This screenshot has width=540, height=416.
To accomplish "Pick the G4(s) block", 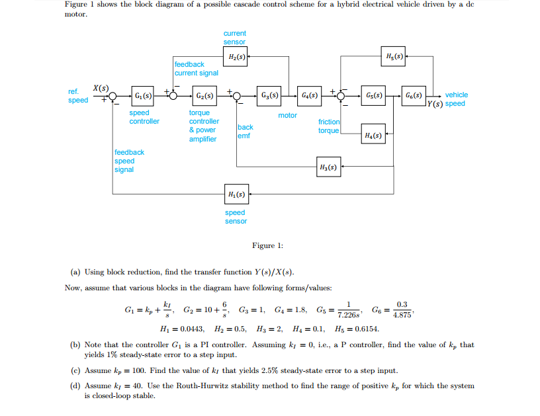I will pyautogui.click(x=309, y=95).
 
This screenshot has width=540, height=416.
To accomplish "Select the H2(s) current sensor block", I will pyautogui.click(x=236, y=58).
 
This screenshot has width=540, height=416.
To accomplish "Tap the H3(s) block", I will pyautogui.click(x=329, y=167).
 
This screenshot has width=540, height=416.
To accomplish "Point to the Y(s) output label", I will pyautogui.click(x=436, y=104).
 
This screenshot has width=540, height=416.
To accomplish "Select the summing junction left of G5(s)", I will pyautogui.click(x=341, y=96).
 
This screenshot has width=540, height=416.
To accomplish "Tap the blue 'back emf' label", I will pyautogui.click(x=245, y=131).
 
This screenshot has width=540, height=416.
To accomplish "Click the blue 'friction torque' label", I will pyautogui.click(x=329, y=126).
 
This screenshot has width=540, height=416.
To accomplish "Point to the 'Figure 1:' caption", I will pyautogui.click(x=267, y=246).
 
